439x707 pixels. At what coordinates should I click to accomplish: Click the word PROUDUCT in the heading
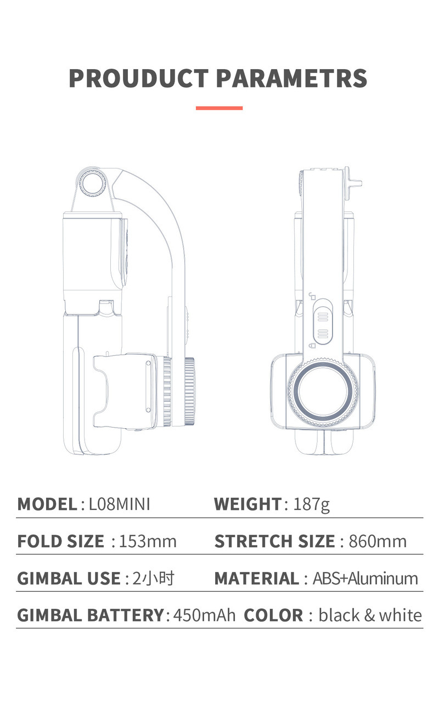(x=138, y=78)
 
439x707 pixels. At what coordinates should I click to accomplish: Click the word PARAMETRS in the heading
(x=292, y=78)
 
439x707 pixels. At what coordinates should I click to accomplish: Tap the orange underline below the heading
(x=219, y=108)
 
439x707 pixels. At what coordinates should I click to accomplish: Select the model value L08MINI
(x=120, y=504)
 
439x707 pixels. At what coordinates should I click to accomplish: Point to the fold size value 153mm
(x=148, y=542)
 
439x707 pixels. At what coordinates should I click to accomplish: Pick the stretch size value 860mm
(x=378, y=542)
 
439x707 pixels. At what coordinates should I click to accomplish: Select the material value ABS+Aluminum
(x=365, y=579)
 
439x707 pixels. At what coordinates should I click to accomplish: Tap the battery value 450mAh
(x=205, y=615)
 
